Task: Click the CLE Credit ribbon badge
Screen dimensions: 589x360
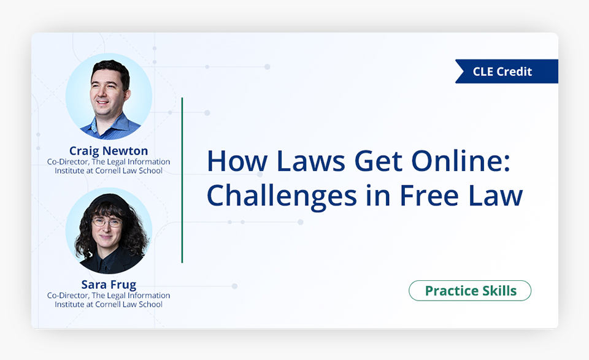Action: (507, 71)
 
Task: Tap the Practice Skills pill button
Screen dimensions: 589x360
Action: (470, 291)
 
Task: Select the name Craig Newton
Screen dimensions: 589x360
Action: (109, 151)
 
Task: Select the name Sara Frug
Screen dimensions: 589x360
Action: (109, 285)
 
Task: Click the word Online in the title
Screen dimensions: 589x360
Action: (461, 161)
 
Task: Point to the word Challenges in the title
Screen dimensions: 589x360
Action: (282, 196)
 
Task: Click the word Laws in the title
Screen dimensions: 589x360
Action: (310, 161)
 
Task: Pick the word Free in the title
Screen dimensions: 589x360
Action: (429, 195)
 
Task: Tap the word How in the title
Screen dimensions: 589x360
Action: (237, 161)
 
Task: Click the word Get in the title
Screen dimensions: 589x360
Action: (378, 161)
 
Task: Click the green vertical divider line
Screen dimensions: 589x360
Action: (182, 180)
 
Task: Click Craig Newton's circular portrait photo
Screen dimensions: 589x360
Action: (109, 96)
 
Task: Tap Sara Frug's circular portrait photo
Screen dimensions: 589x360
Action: (109, 231)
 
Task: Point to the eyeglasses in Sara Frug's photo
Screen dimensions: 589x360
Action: (107, 223)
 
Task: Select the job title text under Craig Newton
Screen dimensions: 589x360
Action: (109, 166)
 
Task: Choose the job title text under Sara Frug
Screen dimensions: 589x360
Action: (109, 300)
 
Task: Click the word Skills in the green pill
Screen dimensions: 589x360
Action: (499, 291)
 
